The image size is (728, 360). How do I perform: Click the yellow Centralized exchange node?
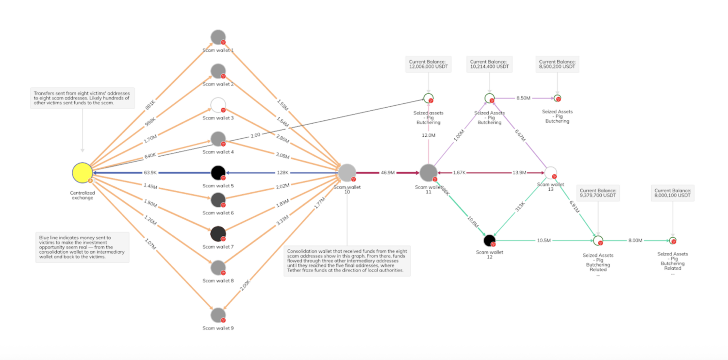point(82,173)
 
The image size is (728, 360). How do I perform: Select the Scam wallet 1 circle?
point(218,37)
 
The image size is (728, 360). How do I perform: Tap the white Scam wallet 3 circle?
point(218,105)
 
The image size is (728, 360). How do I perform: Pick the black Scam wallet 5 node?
point(218,173)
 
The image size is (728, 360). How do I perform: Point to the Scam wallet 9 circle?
point(218,315)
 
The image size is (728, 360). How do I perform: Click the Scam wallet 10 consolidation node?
point(347,173)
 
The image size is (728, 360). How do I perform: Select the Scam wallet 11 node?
point(428,173)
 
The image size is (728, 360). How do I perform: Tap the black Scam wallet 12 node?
point(489,240)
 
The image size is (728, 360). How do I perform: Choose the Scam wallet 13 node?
point(550,173)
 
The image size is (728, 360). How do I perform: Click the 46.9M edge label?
point(387,173)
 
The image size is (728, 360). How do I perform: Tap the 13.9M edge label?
point(519,173)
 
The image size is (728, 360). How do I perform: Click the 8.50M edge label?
point(524,98)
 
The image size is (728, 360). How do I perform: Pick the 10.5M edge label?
point(544,240)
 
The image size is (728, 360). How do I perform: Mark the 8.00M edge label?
point(635,240)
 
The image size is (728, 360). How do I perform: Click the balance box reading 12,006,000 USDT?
point(428,65)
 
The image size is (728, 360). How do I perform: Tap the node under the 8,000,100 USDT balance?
point(672,240)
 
